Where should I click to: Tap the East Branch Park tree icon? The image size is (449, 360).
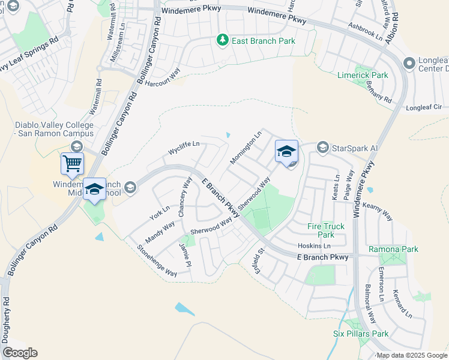[x=223, y=40]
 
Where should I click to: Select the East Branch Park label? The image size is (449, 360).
[x=264, y=41]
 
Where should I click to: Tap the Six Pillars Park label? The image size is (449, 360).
[x=361, y=334]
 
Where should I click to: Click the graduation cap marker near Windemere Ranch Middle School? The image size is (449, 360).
[x=94, y=190]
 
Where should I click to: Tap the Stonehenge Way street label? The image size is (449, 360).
[x=157, y=260]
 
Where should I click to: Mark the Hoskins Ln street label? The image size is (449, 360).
[x=315, y=246]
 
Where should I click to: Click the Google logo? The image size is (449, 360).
[x=20, y=353]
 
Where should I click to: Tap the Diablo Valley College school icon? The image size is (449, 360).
[x=76, y=147]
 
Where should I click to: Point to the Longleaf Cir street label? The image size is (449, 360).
[x=424, y=107]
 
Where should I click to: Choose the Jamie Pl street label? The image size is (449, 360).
[x=185, y=255]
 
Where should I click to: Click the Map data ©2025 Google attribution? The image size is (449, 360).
[x=412, y=355]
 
